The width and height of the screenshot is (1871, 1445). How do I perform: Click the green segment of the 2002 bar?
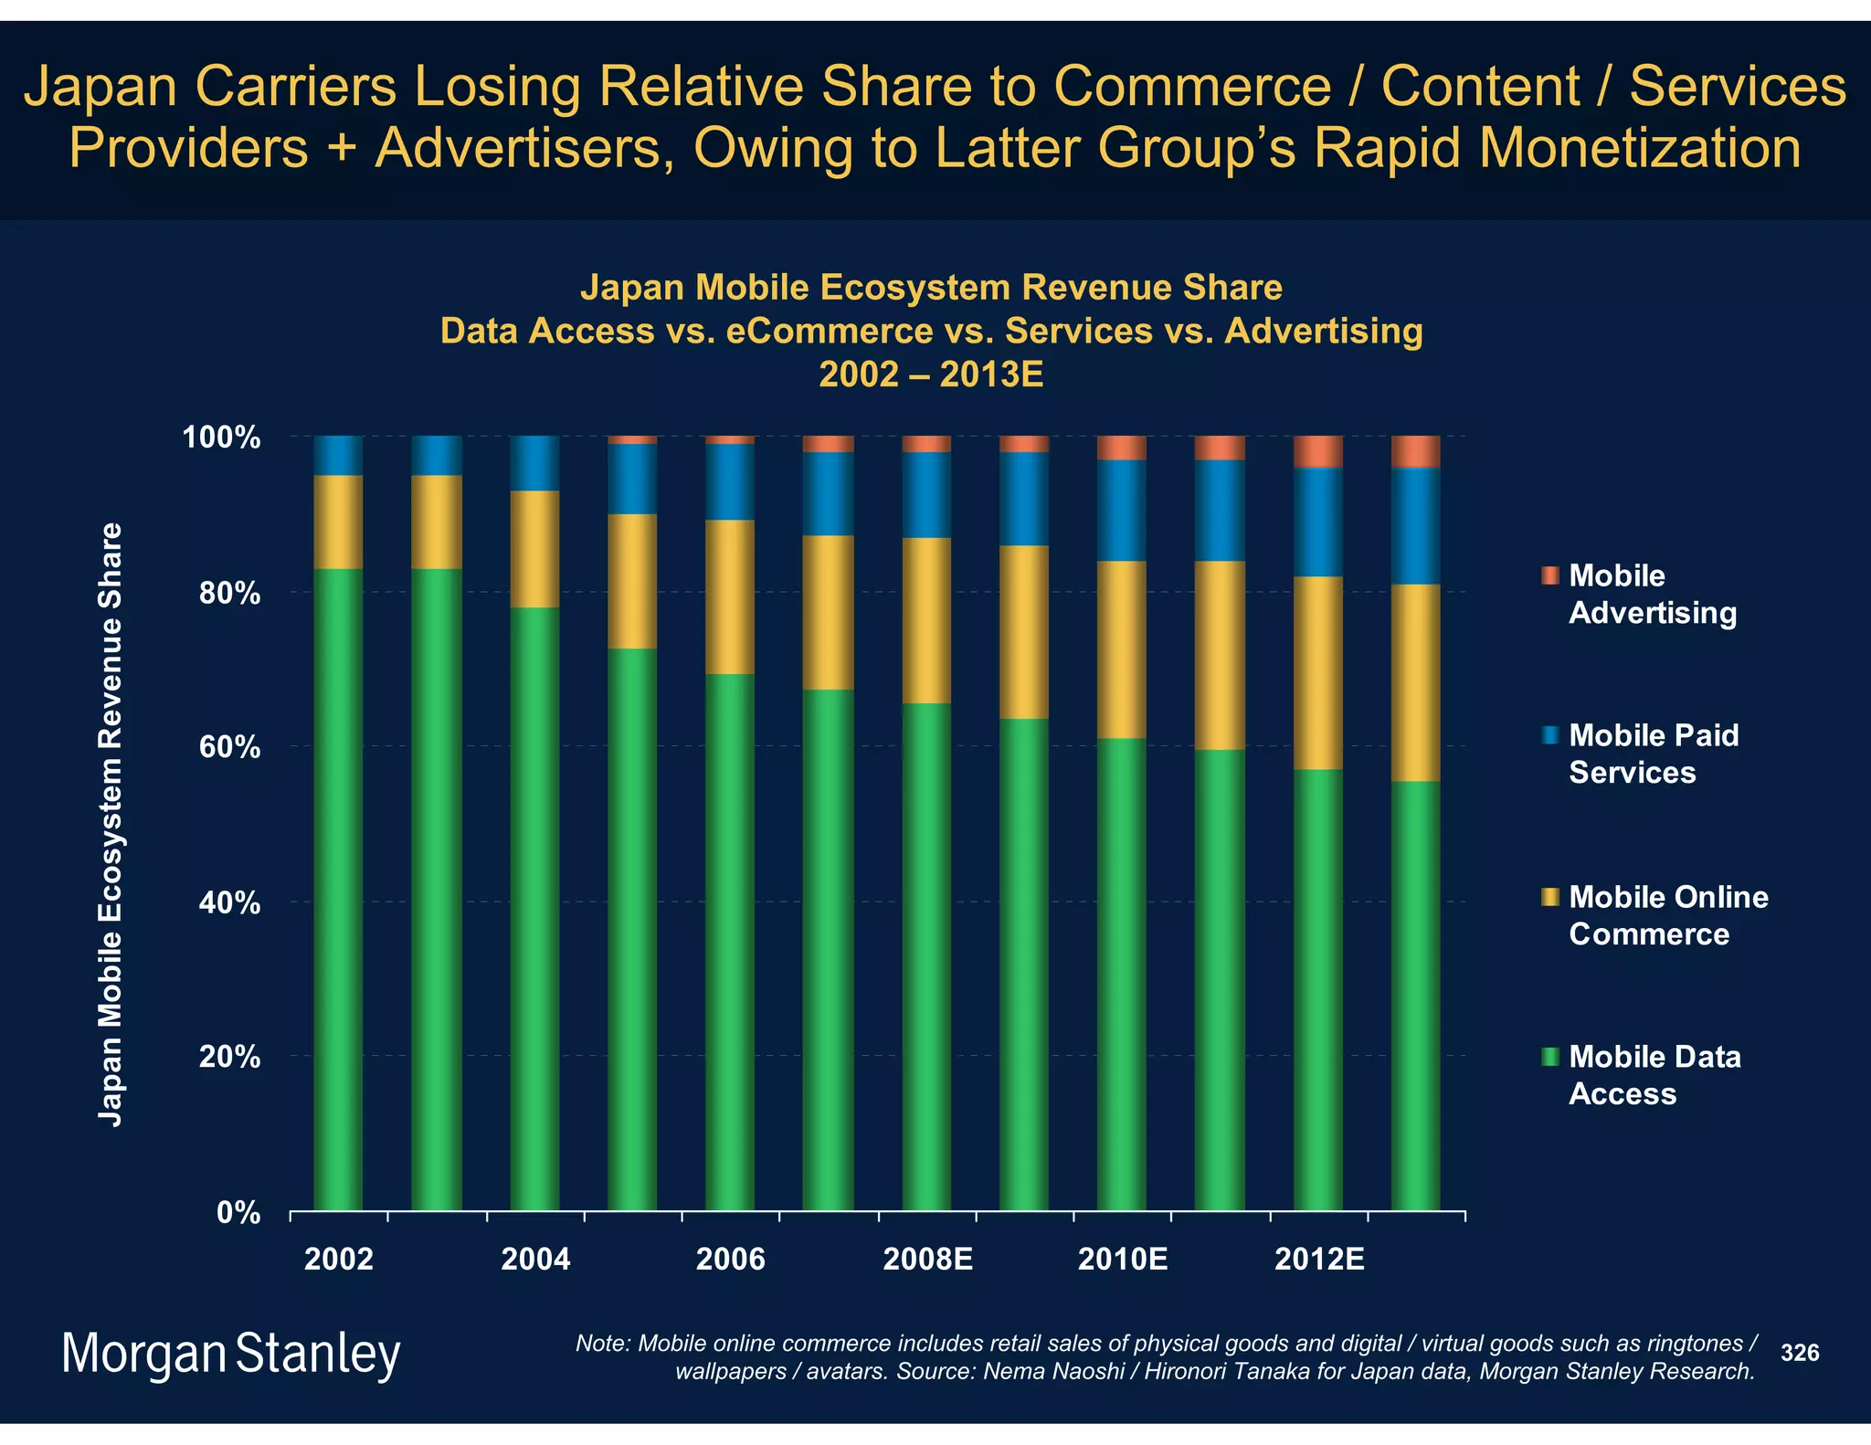338,891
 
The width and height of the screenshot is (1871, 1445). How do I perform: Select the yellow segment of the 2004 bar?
534,549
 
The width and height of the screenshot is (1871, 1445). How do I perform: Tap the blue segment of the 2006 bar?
730,481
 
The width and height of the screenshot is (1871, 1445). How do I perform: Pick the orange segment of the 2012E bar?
1317,451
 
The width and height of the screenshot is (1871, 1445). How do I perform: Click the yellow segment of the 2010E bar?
1121,649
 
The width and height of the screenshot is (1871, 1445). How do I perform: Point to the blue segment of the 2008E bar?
926,494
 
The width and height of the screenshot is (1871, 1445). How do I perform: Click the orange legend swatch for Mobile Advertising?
1549,575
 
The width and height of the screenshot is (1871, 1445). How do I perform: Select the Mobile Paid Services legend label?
1653,754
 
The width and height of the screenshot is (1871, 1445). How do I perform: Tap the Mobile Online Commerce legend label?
1667,915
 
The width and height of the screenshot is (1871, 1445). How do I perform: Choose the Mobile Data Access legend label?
1654,1075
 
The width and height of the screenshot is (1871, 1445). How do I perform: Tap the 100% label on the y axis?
222,438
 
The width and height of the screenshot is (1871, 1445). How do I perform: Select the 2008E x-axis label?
926,1260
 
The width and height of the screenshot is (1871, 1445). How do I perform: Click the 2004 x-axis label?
534,1260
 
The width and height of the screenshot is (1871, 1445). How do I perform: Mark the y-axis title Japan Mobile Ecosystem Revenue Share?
111,824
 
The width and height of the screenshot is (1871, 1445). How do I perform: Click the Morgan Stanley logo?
230,1354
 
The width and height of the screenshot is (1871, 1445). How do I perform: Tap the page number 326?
1799,1353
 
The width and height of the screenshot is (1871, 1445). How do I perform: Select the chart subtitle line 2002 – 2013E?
931,374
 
